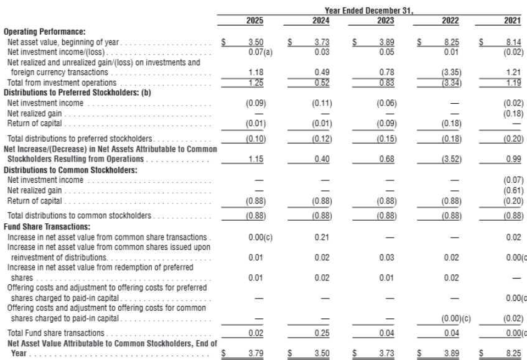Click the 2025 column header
tap(254, 21)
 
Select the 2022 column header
tap(450, 21)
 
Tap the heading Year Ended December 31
tap(369, 11)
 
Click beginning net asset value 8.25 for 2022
tap(452, 42)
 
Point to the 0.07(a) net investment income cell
tap(261, 52)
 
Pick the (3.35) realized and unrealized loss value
tap(451, 73)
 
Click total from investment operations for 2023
tap(387, 83)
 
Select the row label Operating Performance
tap(45, 32)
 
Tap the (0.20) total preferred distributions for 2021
tap(513, 139)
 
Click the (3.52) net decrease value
tap(451, 159)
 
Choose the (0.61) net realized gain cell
tap(513, 191)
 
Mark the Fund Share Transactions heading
tap(47, 227)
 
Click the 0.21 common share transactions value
tap(322, 237)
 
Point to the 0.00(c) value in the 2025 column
tap(261, 237)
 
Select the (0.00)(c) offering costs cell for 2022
tap(456, 318)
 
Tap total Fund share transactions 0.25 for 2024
tap(322, 333)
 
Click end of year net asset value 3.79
tap(256, 353)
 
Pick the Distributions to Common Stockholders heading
tap(70, 170)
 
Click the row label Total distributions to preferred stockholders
tap(80, 139)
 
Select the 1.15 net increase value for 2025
tap(256, 159)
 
